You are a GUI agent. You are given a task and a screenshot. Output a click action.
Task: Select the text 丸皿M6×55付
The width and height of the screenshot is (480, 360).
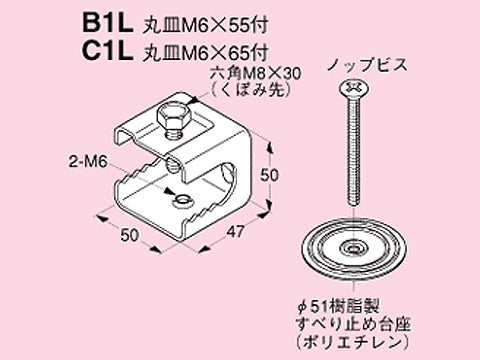pyautogui.click(x=205, y=25)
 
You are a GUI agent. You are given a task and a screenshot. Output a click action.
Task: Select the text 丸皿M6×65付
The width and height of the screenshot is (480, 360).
pyautogui.click(x=205, y=53)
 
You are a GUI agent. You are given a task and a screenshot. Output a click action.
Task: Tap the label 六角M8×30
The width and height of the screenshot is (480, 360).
pyautogui.click(x=255, y=74)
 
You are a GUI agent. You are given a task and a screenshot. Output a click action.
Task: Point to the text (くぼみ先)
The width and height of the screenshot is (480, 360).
pyautogui.click(x=250, y=89)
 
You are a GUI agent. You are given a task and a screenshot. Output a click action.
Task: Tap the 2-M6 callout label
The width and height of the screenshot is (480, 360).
pyautogui.click(x=88, y=163)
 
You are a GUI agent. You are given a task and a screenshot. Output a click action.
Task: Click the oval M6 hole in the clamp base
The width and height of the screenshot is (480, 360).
pyautogui.click(x=182, y=200)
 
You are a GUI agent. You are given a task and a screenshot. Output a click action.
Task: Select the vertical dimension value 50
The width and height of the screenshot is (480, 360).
pyautogui.click(x=269, y=175)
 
